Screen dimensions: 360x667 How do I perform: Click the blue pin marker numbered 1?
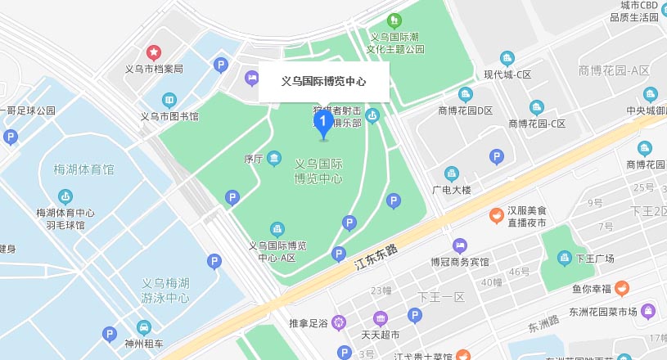[323, 125]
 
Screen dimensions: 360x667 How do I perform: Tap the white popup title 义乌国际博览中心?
[323, 82]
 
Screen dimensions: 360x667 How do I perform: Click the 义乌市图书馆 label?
[169, 116]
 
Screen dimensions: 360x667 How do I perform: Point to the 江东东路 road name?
[376, 257]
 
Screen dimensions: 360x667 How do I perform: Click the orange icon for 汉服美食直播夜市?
[496, 216]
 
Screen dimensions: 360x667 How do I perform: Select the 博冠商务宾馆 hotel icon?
[460, 246]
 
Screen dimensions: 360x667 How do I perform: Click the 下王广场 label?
[594, 259]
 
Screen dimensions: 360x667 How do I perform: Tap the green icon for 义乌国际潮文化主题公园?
[394, 20]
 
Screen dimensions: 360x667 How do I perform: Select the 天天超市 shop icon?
[380, 319]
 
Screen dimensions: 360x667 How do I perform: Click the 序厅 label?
[252, 158]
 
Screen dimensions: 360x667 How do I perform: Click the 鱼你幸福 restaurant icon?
[622, 288]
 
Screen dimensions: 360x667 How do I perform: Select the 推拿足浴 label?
[309, 324]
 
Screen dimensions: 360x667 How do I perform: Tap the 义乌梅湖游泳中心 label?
[165, 290]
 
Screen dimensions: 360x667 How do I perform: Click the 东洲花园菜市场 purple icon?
[648, 311]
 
